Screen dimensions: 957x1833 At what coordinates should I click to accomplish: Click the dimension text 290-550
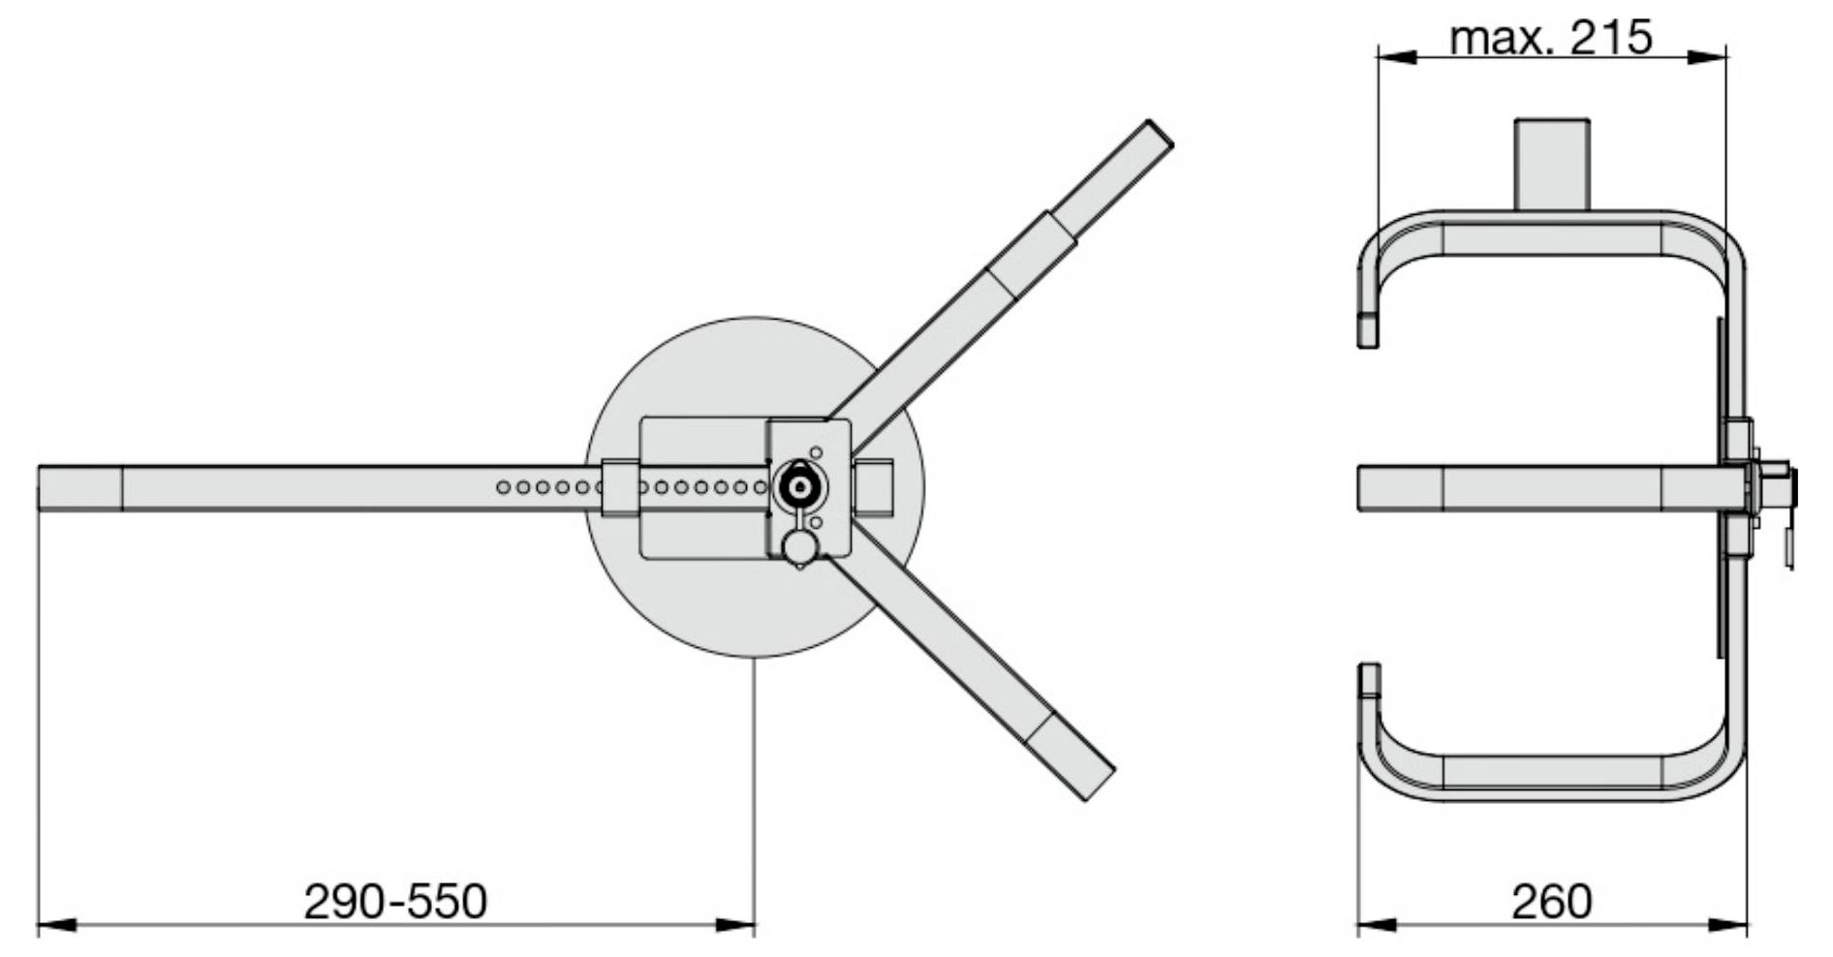click(395, 901)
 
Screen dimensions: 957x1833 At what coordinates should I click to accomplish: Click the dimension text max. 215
click(1550, 39)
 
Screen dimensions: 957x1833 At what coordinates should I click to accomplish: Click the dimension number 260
click(1551, 902)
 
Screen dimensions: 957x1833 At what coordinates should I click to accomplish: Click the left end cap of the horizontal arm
click(80, 487)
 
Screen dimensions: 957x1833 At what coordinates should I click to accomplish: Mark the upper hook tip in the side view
click(1368, 330)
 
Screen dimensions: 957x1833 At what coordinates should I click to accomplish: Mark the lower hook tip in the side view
click(1368, 680)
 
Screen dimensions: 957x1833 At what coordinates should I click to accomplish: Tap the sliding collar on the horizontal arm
click(620, 487)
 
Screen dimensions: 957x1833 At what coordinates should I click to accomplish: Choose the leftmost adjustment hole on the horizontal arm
click(503, 487)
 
